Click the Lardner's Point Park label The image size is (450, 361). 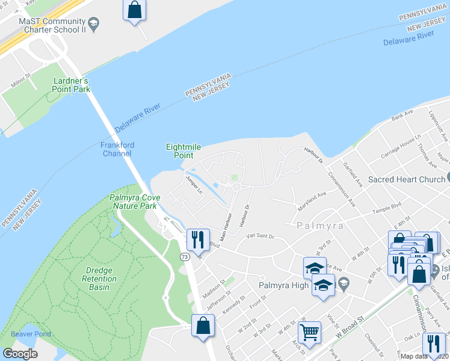(x=72, y=85)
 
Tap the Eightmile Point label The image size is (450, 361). (x=183, y=150)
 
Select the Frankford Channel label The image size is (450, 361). (x=117, y=149)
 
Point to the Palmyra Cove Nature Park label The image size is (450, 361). (x=133, y=202)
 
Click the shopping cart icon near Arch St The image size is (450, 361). (x=309, y=332)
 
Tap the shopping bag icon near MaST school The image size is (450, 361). (x=134, y=10)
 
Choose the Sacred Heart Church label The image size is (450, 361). (x=407, y=179)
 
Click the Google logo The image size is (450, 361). (x=20, y=353)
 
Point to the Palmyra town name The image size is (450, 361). (x=320, y=226)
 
